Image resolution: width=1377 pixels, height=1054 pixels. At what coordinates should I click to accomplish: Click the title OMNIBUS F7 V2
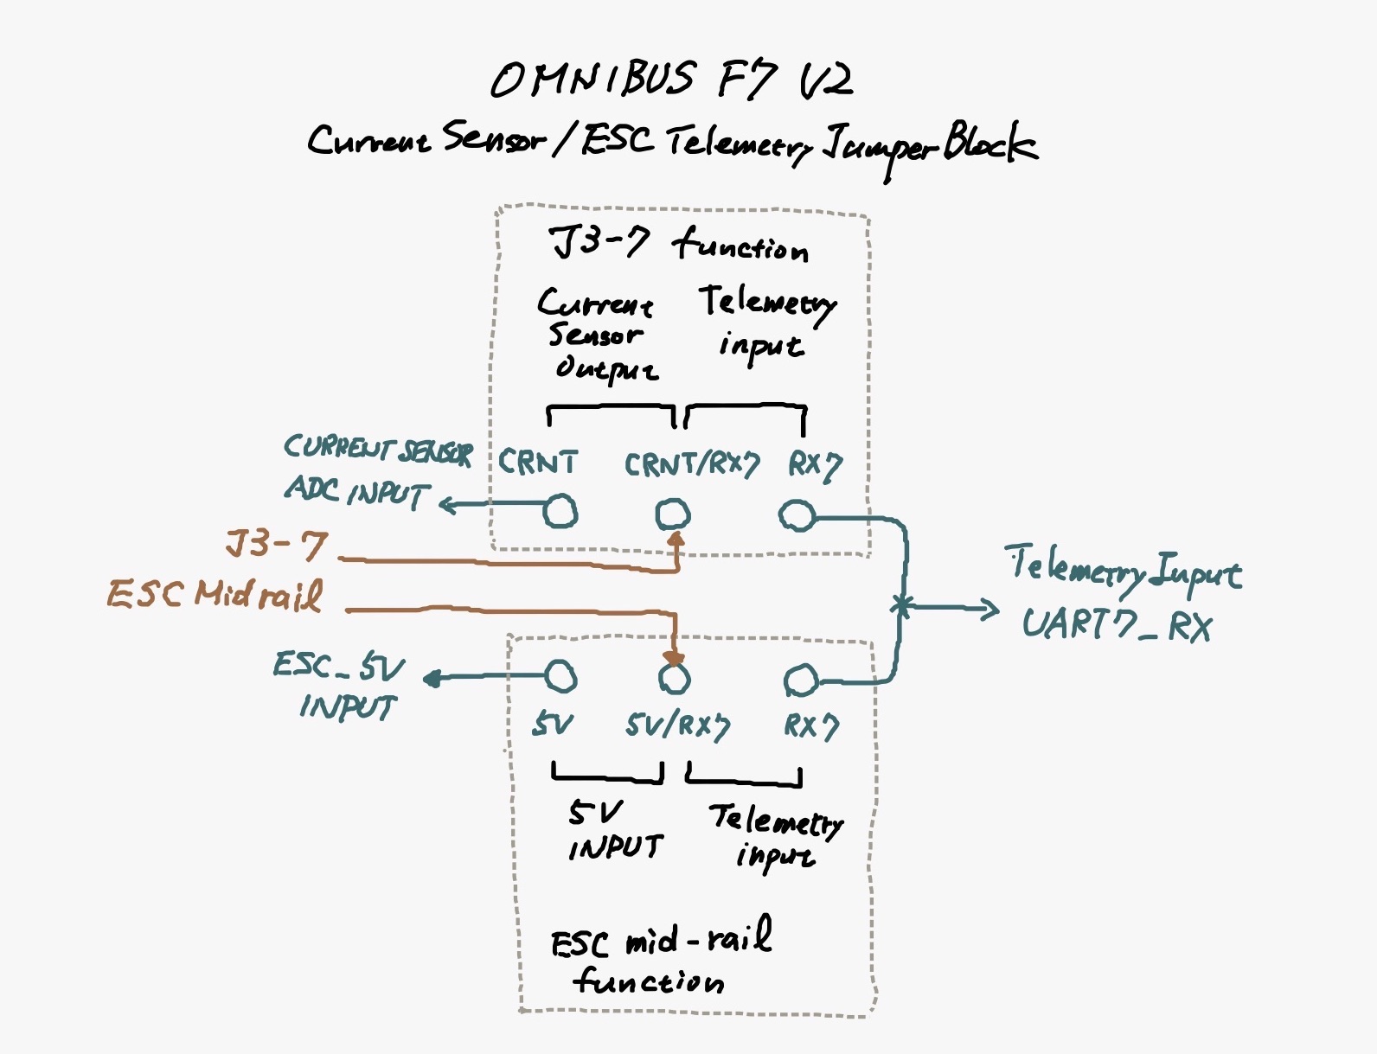(672, 80)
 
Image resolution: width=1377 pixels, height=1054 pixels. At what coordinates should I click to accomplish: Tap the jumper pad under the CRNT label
(560, 511)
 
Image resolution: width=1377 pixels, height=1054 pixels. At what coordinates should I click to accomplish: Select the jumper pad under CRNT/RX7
(673, 514)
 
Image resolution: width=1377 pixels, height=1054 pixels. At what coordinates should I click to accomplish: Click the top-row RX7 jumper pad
(797, 516)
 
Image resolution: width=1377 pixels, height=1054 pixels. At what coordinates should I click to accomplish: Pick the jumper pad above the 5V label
(560, 676)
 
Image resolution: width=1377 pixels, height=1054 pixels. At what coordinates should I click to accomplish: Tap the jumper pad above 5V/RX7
(675, 679)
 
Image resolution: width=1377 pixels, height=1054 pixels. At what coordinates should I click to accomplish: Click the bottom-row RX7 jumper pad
(801, 680)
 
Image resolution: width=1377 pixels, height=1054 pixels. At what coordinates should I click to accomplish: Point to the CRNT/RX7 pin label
(691, 465)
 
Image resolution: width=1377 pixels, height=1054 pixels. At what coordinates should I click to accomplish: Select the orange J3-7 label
(277, 545)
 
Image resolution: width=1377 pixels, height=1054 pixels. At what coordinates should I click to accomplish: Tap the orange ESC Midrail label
(215, 596)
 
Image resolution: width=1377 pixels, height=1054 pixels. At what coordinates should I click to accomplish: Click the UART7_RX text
(1117, 624)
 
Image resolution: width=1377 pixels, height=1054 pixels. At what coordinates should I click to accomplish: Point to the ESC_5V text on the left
(338, 667)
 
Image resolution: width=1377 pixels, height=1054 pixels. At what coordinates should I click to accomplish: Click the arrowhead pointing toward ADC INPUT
(447, 504)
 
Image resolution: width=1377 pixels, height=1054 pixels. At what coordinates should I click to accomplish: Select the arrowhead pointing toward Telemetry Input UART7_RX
(991, 610)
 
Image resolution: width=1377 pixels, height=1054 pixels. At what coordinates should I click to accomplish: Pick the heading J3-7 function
(680, 244)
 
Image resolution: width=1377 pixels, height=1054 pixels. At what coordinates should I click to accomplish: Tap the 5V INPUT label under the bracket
(615, 831)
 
